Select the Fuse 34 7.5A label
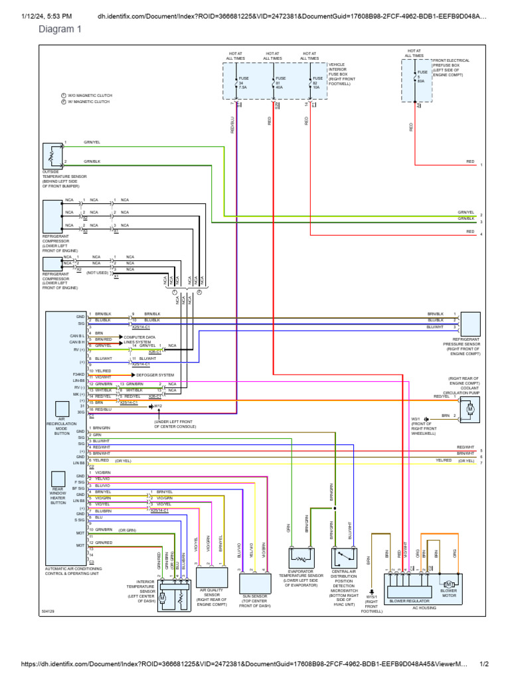[243, 82]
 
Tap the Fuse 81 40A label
[280, 82]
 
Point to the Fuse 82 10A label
[317, 82]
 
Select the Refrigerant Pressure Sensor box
[470, 324]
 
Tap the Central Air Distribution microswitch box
[344, 557]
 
